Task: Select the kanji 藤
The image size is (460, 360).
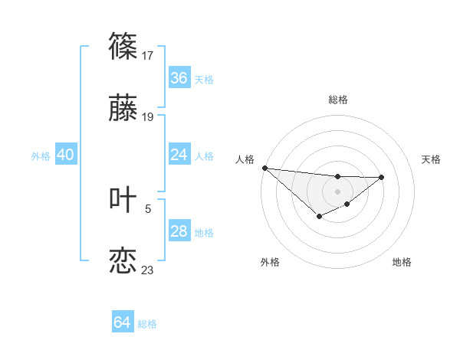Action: (x=123, y=109)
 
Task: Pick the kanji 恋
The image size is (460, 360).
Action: (x=123, y=260)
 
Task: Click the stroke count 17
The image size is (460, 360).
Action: (x=149, y=55)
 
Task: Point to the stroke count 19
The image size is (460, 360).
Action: (x=148, y=117)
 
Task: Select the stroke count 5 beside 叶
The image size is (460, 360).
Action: (x=148, y=208)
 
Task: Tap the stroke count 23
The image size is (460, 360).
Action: (x=148, y=270)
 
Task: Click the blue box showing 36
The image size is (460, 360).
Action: (x=179, y=78)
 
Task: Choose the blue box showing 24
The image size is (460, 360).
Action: (x=179, y=155)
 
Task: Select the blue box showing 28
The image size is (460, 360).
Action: (x=179, y=231)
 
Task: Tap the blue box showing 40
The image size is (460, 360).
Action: (x=65, y=155)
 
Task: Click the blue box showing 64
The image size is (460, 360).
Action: (x=123, y=322)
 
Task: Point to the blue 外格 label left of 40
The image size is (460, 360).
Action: (x=41, y=156)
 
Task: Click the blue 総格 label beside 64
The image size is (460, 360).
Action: (x=147, y=324)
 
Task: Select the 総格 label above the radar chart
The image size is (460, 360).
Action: (x=337, y=100)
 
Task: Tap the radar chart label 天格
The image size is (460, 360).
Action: (x=432, y=159)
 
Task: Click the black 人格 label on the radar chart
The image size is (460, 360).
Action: (x=245, y=159)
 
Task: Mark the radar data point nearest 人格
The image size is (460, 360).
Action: (x=264, y=168)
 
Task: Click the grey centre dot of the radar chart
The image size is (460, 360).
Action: (x=337, y=191)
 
